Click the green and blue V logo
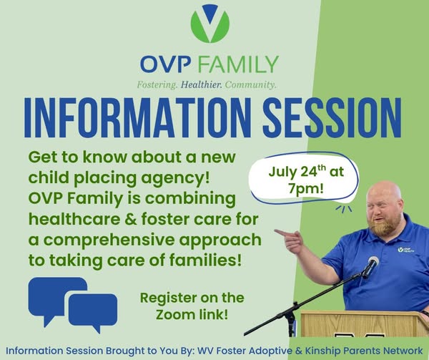(x=209, y=24)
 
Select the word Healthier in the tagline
(x=201, y=84)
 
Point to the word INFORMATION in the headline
(x=137, y=117)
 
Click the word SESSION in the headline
(x=332, y=117)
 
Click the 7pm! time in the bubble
(x=306, y=189)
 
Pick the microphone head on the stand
(x=372, y=265)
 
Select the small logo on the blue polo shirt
(x=406, y=250)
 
